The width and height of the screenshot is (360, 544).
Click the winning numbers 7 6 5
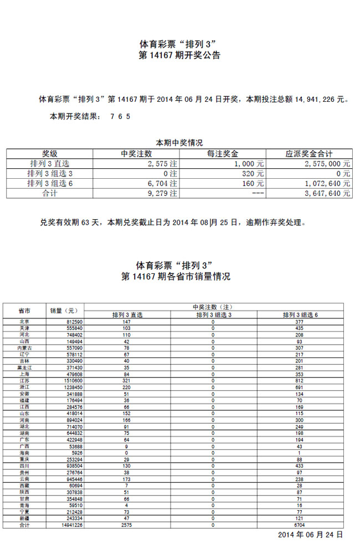pyautogui.click(x=120, y=117)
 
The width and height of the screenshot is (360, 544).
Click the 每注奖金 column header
pyautogui.click(x=222, y=154)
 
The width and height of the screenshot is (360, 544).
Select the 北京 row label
pyautogui.click(x=24, y=322)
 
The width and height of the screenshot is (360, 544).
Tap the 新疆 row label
pyautogui.click(x=24, y=519)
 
